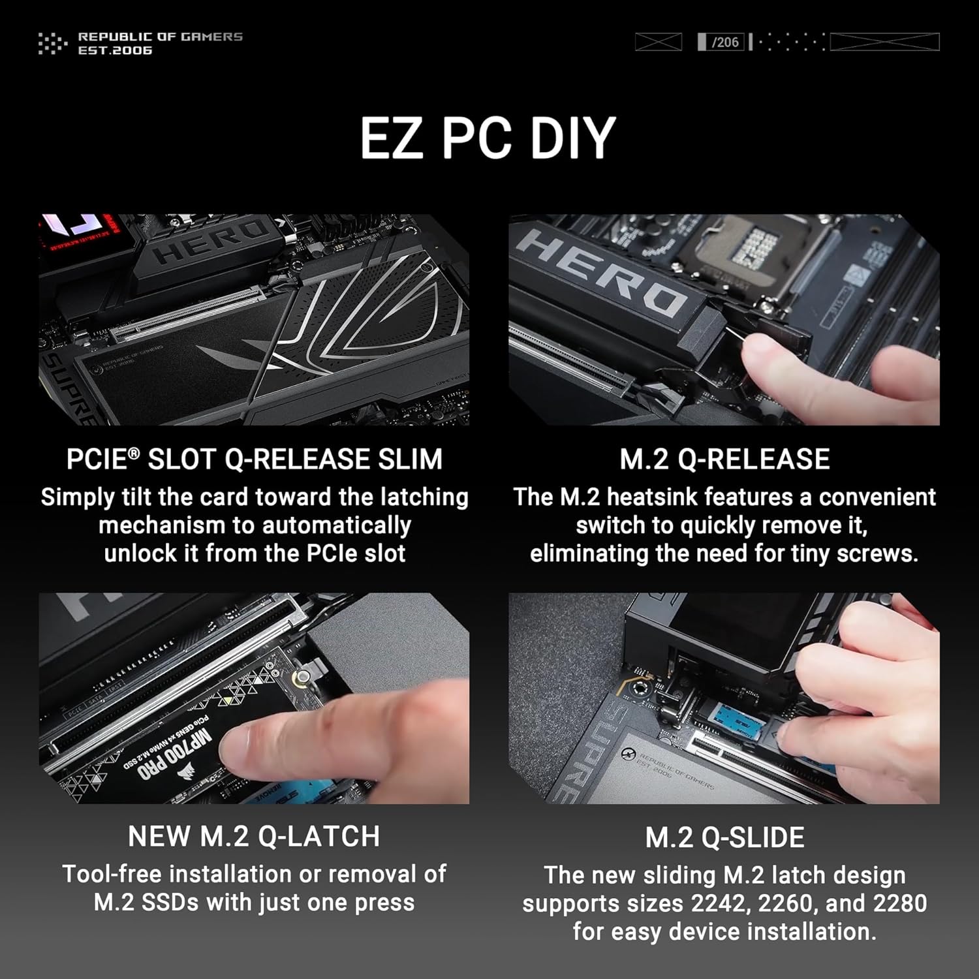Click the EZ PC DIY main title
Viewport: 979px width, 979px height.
[x=488, y=138]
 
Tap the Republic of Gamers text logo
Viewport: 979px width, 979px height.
[x=160, y=43]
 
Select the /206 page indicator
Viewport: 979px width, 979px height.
[x=724, y=42]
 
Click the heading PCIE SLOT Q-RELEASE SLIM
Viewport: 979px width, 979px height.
[x=254, y=459]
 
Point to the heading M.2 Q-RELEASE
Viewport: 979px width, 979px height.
[x=724, y=459]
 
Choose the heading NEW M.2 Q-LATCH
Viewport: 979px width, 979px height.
[x=254, y=837]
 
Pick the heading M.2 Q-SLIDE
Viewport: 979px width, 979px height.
[x=724, y=838]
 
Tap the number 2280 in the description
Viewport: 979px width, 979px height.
[x=900, y=903]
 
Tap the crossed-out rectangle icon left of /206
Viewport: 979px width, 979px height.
[x=658, y=42]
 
